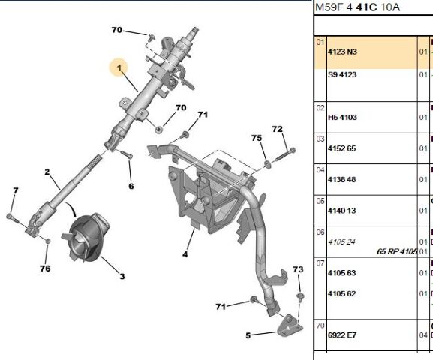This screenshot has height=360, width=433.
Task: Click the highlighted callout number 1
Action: [119, 67]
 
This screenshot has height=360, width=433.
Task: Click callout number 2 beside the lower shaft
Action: [47, 172]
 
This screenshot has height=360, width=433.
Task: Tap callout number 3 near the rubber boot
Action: [122, 276]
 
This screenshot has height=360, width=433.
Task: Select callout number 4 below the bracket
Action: [185, 254]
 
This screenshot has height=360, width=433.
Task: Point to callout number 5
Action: [248, 335]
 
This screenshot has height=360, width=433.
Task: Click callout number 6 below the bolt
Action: [131, 186]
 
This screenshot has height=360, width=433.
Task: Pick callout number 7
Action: [16, 190]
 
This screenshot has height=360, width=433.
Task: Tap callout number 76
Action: [45, 268]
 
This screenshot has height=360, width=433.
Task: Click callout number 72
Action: [278, 129]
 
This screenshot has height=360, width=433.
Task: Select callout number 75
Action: [257, 138]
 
